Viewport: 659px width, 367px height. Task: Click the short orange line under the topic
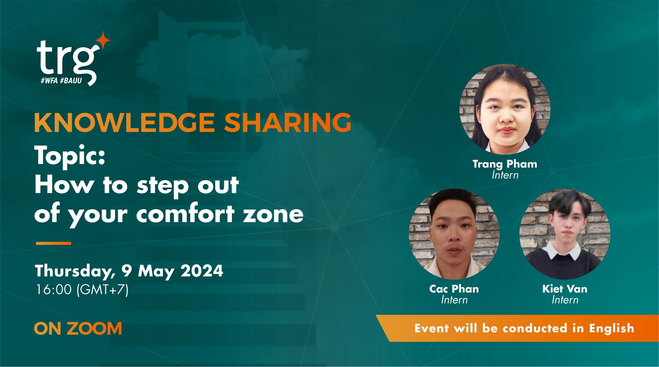53,244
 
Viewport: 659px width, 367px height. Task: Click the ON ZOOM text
78,328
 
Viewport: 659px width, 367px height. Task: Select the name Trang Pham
505,164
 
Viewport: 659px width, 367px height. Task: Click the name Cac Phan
454,289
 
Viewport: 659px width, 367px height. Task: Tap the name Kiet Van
565,289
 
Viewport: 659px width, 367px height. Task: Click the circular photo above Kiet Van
565,234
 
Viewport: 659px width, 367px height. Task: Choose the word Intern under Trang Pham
505,175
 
